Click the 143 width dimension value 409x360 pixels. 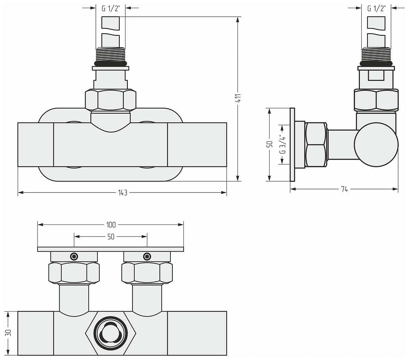(x=123, y=193)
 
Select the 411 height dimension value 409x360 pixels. (x=238, y=98)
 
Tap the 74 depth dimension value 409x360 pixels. (x=344, y=189)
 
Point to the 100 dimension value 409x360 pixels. (x=111, y=225)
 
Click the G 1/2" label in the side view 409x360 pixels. (x=377, y=9)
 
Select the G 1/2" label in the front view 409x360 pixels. (x=111, y=9)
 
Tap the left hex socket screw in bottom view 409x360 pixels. (x=74, y=257)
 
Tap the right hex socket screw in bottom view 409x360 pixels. (x=147, y=257)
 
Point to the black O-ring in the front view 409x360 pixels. (x=111, y=64)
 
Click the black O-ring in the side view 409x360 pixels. (x=376, y=64)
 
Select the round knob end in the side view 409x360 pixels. (x=376, y=145)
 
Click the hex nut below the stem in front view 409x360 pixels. (x=111, y=100)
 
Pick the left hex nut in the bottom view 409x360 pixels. (x=74, y=273)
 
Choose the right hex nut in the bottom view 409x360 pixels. (x=147, y=273)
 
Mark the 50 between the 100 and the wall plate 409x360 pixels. (x=111, y=237)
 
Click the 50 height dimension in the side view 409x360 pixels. (x=270, y=144)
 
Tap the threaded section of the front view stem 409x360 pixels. (x=111, y=54)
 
